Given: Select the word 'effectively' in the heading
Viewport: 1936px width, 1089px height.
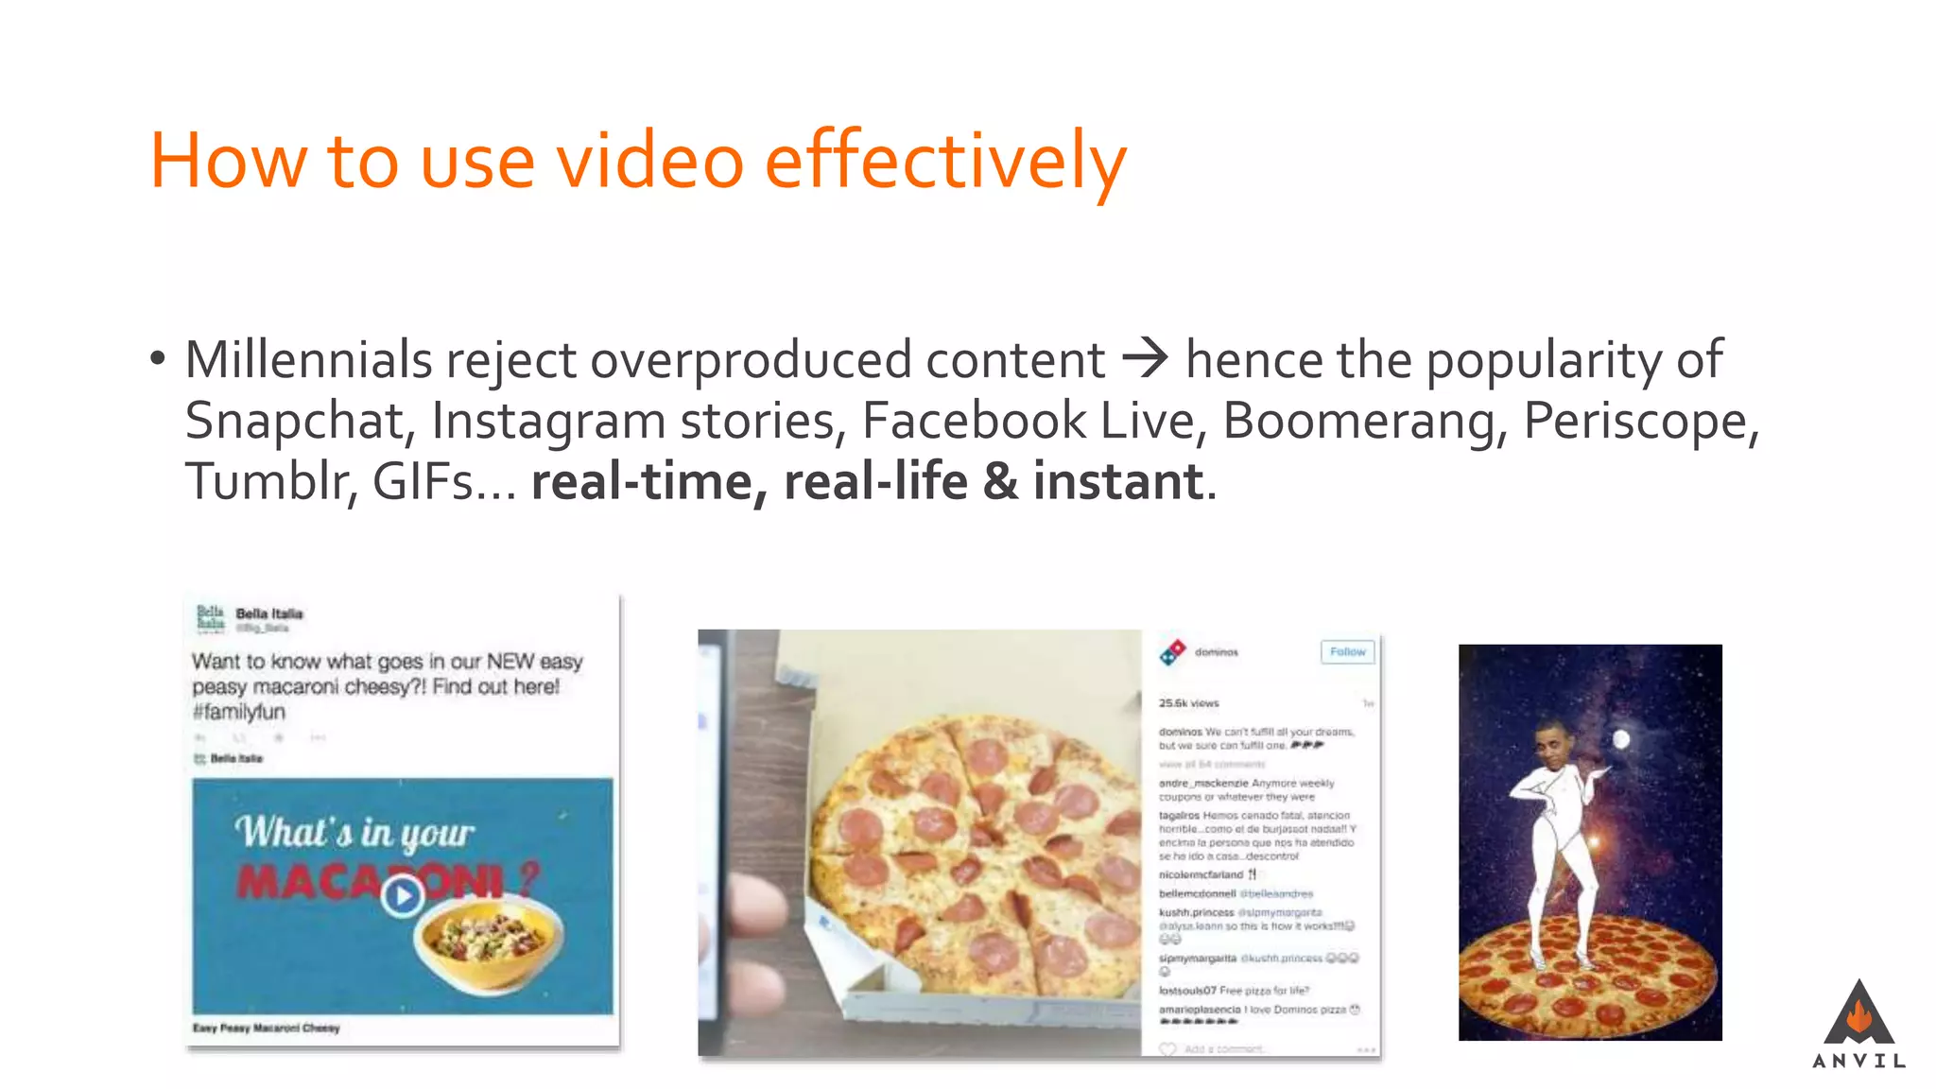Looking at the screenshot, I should point(945,161).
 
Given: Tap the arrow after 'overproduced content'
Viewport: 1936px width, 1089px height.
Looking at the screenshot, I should point(1145,360).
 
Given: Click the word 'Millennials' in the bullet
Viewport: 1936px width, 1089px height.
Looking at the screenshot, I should point(308,360).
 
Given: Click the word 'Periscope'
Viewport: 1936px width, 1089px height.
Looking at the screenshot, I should point(1640,421).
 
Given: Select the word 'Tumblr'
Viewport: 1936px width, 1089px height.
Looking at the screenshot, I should point(270,481).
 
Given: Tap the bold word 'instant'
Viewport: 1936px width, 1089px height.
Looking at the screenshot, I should point(1118,481).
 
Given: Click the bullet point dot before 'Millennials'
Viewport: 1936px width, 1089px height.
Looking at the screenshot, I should point(157,360).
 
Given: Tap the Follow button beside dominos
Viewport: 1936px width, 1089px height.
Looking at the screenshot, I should point(1347,651).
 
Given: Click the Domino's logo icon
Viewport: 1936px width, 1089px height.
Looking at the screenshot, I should point(1173,651).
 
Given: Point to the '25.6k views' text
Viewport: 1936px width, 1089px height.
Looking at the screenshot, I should point(1188,703).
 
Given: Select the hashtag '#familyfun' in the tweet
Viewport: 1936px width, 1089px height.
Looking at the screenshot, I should point(238,712).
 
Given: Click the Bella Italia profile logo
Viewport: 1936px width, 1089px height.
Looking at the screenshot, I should point(211,618).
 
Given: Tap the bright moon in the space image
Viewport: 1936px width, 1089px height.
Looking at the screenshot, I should point(1620,738).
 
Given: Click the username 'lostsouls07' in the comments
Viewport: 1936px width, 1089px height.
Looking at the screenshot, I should point(1187,991).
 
